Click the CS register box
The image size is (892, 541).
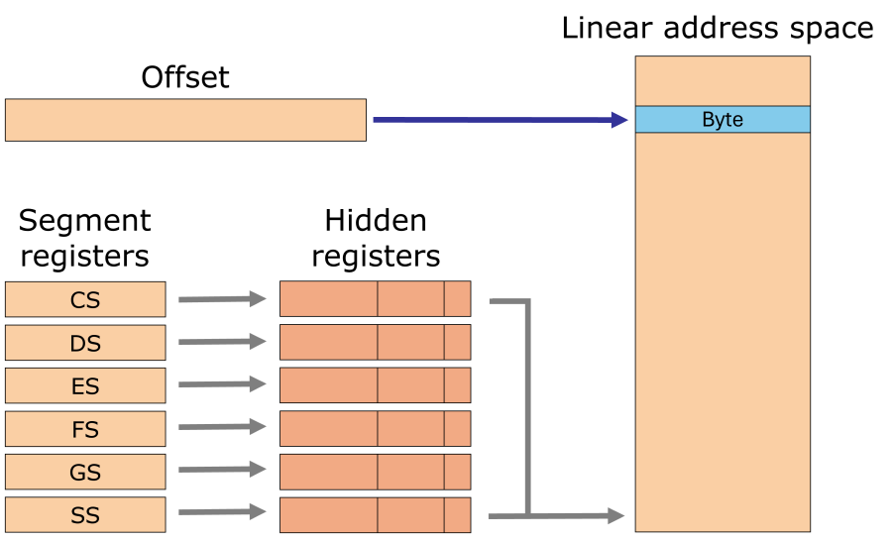(85, 299)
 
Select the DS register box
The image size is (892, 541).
(85, 343)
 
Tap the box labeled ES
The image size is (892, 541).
(85, 385)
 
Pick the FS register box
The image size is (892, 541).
(85, 429)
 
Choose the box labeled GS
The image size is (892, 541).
(85, 472)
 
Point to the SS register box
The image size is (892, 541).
(85, 515)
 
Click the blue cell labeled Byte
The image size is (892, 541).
(723, 119)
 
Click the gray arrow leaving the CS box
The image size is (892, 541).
(223, 299)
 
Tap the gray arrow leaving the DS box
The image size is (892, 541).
(223, 342)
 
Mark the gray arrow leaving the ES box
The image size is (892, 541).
(223, 384)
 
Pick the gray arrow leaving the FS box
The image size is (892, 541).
(223, 427)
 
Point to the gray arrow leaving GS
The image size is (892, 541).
(223, 470)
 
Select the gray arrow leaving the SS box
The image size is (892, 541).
(223, 512)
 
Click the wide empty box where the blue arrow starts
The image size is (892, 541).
(185, 120)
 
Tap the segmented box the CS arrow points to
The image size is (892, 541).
(375, 299)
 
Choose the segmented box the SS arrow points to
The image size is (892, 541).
(375, 515)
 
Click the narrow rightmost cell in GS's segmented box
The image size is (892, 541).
(457, 472)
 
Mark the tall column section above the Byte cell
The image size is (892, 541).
(723, 80)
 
